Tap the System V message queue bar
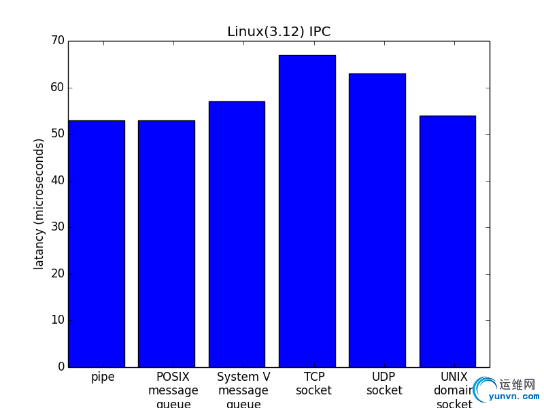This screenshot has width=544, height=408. pos(237,234)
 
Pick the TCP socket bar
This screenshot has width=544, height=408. pos(307,211)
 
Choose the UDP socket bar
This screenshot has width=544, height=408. pos(377,220)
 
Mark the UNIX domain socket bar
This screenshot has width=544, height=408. pos(447,241)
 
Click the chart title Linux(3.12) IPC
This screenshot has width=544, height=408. pos(279,32)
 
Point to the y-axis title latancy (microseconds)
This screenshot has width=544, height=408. pos(39,203)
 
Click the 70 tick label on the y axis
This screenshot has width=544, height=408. pos(57,41)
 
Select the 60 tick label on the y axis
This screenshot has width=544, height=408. pos(57,88)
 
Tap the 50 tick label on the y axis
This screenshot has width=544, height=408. pos(57,134)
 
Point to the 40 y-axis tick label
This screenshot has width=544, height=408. pos(57,181)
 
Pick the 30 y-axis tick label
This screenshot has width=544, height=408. pos(57,227)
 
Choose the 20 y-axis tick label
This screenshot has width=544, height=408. pos(57,274)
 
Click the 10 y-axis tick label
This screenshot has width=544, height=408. pos(57,320)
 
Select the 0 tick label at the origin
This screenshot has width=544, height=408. pos(61,367)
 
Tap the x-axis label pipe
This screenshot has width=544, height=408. pos(103,377)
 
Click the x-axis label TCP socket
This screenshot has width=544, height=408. pos(313,384)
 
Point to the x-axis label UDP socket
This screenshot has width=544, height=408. pos(384,384)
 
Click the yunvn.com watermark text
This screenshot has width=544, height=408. pos(513,396)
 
